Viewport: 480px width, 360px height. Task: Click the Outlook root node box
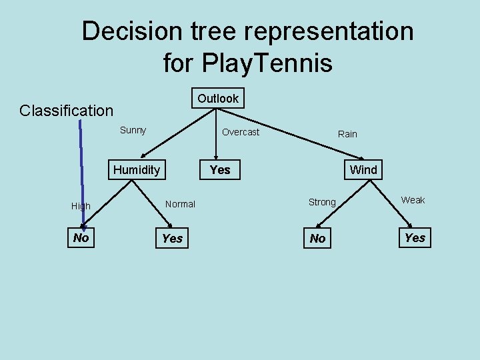[217, 99]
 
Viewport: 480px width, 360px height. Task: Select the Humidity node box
[137, 170]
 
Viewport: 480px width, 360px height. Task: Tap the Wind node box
[363, 170]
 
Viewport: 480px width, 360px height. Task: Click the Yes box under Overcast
[220, 170]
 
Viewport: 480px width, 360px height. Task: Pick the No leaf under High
[81, 238]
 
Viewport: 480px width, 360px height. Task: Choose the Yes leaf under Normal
[172, 239]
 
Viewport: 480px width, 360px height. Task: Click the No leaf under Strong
[318, 239]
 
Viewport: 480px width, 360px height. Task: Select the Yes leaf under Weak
[415, 238]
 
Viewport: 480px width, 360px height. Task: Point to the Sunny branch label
[133, 130]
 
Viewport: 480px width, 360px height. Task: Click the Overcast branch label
[241, 132]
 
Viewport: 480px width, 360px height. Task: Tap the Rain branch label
[347, 134]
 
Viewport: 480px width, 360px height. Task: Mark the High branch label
[81, 206]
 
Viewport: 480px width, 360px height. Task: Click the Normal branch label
[180, 204]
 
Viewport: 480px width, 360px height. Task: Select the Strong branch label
[322, 202]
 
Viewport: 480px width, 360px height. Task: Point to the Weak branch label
[413, 200]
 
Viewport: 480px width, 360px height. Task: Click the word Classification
[67, 110]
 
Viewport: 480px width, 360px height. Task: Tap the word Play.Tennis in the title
[247, 63]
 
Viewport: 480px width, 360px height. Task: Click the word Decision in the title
[129, 31]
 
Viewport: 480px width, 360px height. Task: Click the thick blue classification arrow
[81, 173]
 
